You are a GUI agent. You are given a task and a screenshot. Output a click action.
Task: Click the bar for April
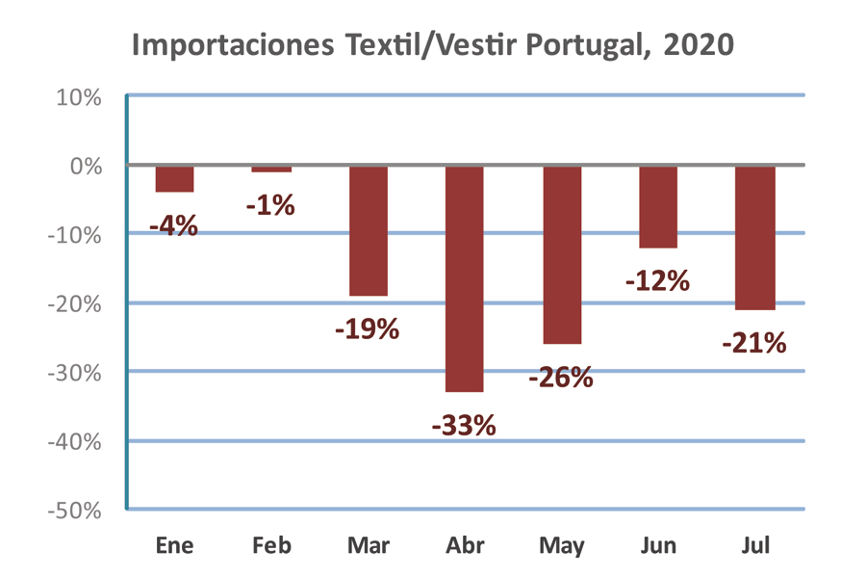[465, 278]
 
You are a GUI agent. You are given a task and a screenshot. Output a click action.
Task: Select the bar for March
[368, 230]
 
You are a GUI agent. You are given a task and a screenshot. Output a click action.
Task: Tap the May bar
[562, 254]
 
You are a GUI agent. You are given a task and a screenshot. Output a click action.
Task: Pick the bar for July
[755, 237]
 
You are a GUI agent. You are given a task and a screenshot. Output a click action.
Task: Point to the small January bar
[174, 179]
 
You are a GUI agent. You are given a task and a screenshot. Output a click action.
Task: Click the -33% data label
[464, 425]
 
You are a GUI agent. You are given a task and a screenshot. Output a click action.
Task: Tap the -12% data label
[657, 281]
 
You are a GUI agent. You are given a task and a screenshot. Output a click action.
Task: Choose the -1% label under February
[270, 205]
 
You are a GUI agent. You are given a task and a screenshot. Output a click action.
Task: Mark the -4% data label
[174, 226]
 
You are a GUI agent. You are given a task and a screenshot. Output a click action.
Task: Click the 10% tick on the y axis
[80, 97]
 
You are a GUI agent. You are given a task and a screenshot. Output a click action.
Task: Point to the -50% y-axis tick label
[75, 511]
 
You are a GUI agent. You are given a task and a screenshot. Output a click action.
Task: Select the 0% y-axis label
[86, 166]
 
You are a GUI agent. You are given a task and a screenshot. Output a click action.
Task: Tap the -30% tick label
[75, 373]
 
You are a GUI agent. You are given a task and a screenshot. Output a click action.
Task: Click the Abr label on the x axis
[465, 546]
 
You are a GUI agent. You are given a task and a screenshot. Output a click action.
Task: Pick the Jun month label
[658, 546]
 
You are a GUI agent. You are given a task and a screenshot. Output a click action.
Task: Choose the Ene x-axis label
[174, 546]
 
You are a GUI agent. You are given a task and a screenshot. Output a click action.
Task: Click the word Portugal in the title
[588, 45]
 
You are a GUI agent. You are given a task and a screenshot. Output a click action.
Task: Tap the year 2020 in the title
[700, 45]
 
